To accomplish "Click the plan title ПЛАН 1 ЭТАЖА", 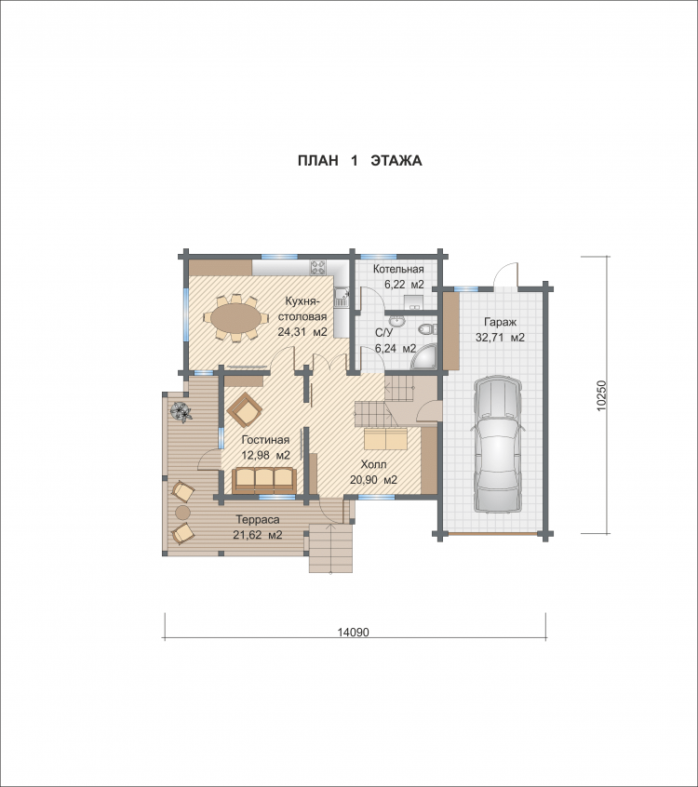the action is (x=359, y=161).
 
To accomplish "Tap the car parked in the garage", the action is (x=497, y=444).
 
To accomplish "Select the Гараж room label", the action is (x=500, y=322).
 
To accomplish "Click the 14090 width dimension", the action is (x=353, y=632).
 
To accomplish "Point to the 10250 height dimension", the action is (x=602, y=396).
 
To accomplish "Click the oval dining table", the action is (x=235, y=318).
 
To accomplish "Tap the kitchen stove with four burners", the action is (x=318, y=267).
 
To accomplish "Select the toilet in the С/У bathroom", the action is (x=427, y=328).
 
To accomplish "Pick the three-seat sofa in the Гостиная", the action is (x=263, y=480).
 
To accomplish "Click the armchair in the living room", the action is (x=245, y=409).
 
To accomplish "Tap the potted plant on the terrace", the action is (x=181, y=411).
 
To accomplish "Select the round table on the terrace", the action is (x=182, y=512).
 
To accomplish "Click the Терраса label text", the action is (x=258, y=519).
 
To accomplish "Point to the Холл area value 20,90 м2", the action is (x=373, y=480).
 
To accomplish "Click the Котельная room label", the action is (x=398, y=269).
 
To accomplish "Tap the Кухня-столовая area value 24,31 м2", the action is (x=302, y=332).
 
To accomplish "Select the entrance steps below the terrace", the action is (x=330, y=548).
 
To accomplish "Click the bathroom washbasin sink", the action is (x=396, y=320).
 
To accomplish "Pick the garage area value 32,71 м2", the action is (x=500, y=338).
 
